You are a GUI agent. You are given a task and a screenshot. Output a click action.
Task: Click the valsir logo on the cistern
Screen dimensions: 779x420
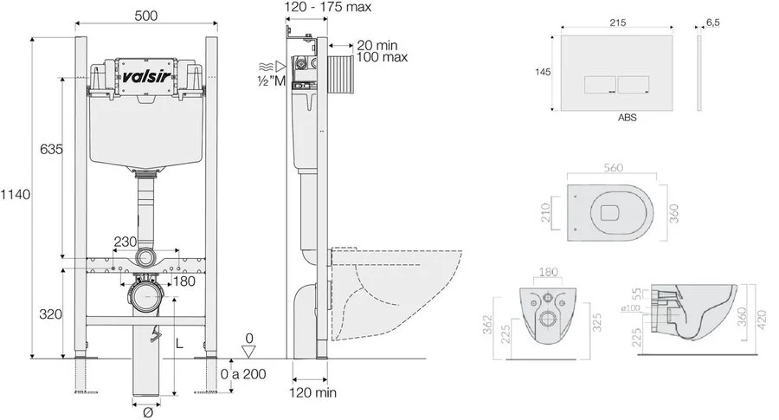[x=146, y=76]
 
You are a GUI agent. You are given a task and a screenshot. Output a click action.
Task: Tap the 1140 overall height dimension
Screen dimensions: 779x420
[x=15, y=194]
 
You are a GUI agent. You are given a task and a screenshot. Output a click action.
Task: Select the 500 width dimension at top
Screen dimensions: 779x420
[x=146, y=16]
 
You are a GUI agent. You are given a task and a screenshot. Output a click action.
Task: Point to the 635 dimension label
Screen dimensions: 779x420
[x=51, y=149]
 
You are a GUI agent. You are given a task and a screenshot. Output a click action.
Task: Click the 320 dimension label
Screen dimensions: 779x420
[x=51, y=314]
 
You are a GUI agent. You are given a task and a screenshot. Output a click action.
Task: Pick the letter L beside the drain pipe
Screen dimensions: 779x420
[x=179, y=343]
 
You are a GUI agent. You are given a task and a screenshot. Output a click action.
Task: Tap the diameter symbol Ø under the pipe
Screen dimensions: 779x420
[x=147, y=412]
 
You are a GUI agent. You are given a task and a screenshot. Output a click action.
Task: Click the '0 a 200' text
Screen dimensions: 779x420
[x=243, y=374]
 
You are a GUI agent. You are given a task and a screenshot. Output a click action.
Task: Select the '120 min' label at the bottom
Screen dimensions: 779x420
[x=313, y=392]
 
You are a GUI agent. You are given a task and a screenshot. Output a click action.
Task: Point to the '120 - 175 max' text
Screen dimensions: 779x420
[x=328, y=7]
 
